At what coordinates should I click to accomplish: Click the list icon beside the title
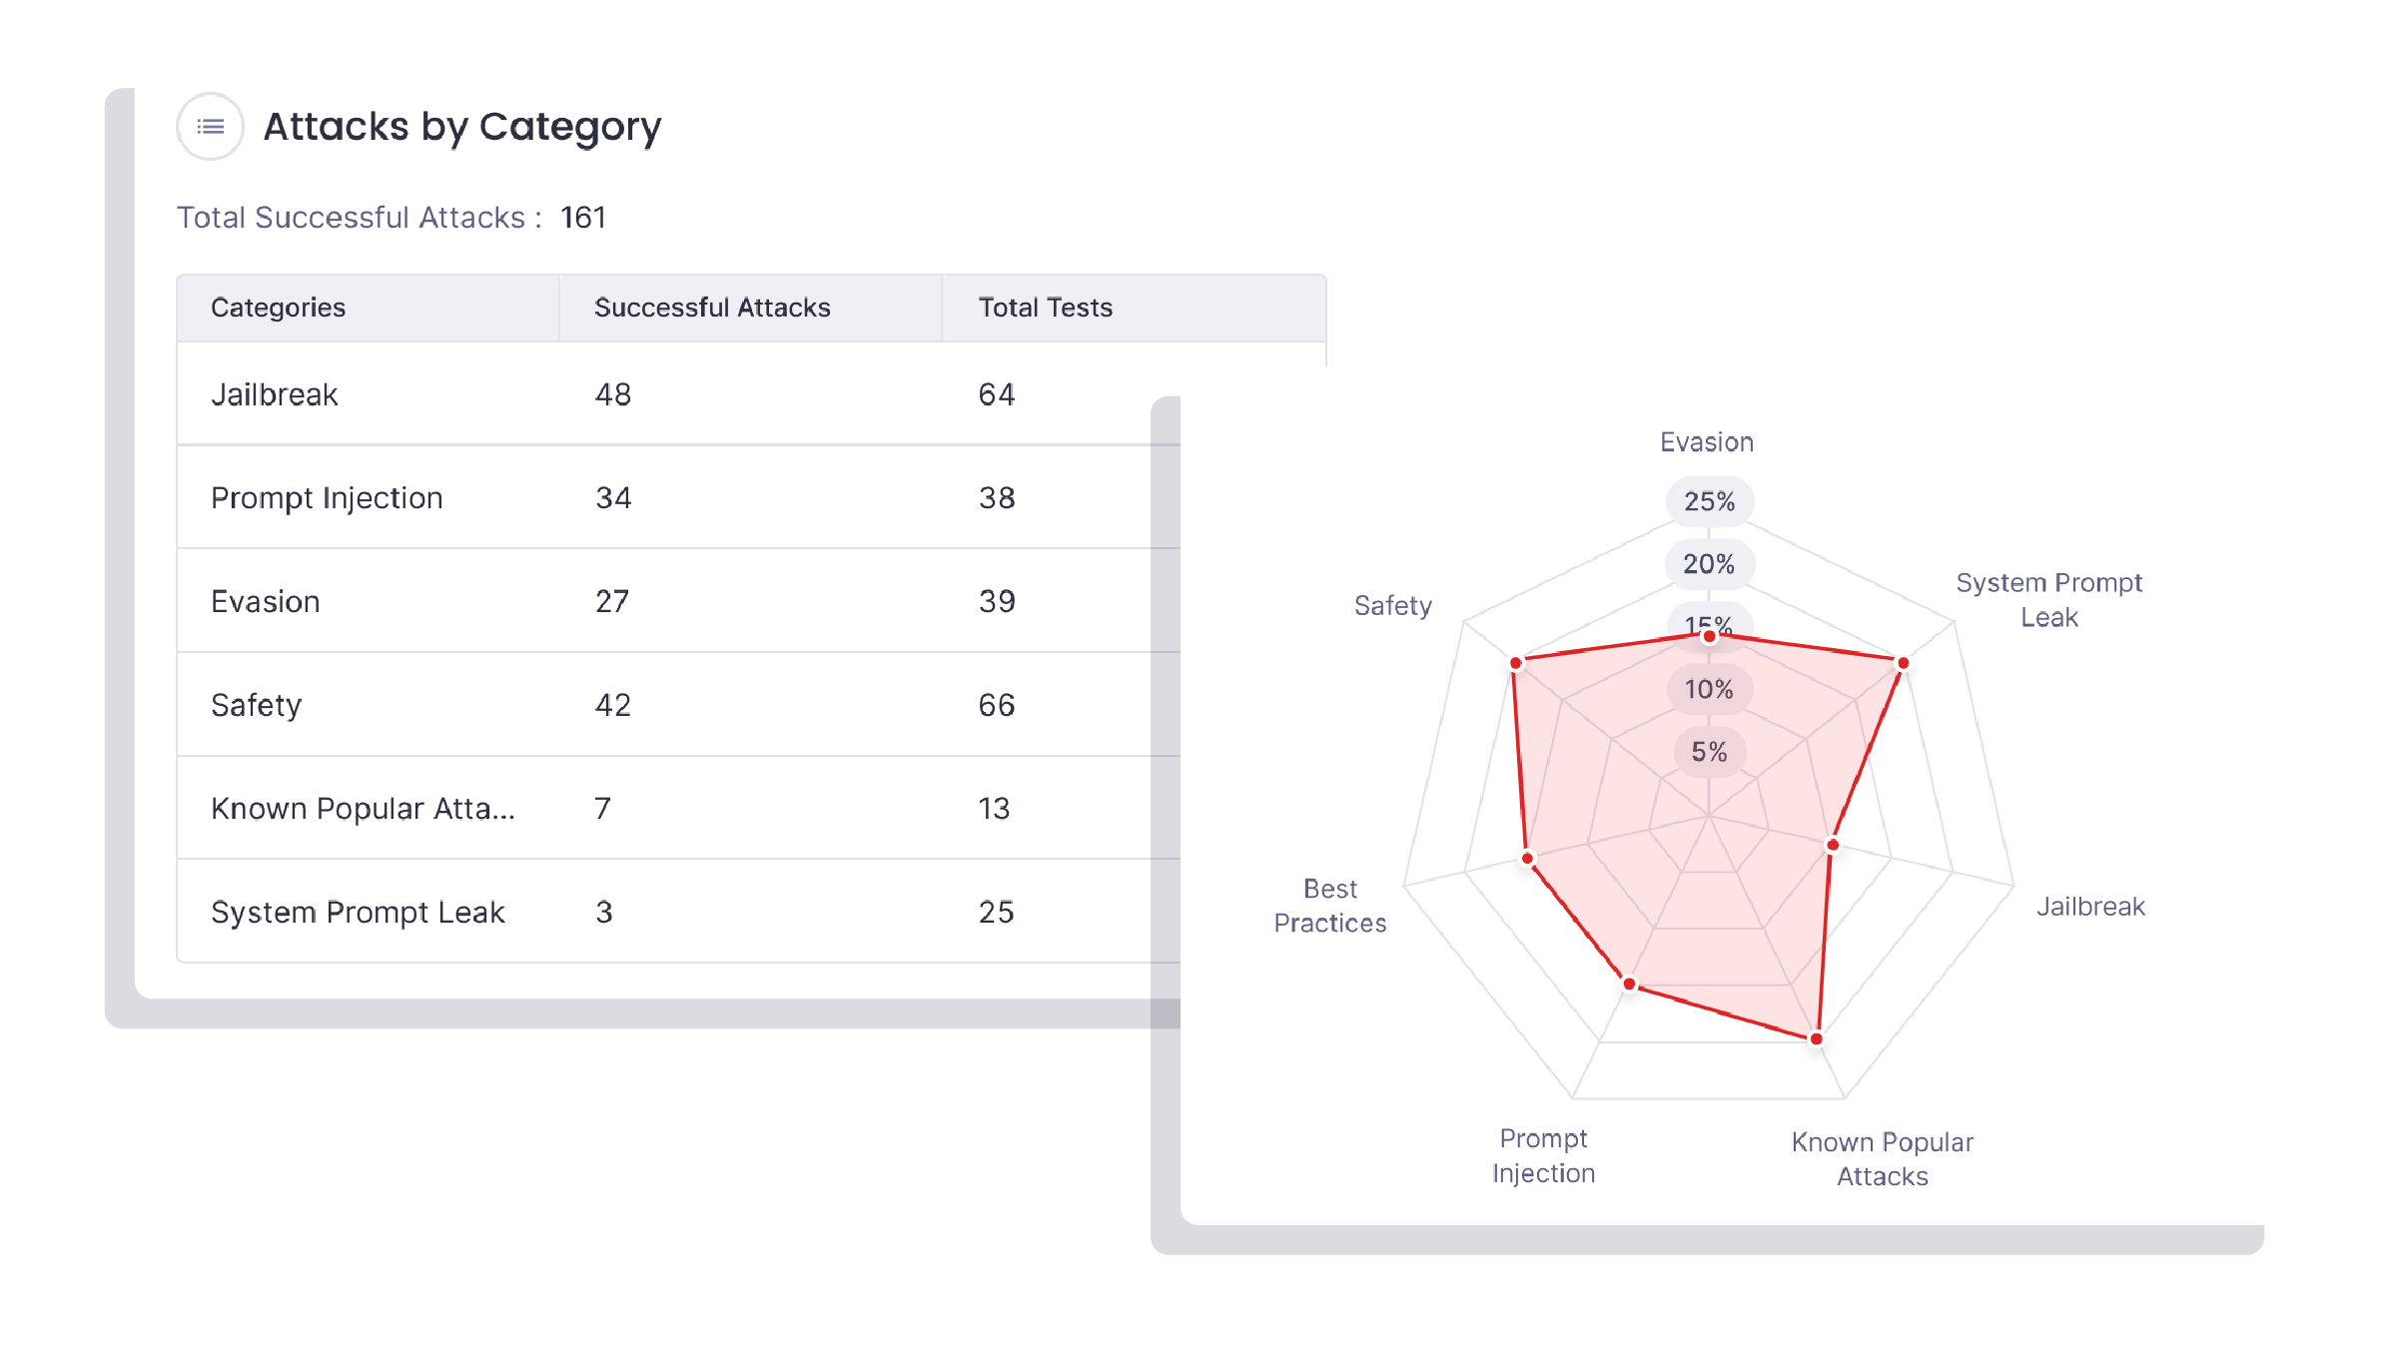(x=210, y=127)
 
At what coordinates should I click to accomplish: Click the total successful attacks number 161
(x=583, y=218)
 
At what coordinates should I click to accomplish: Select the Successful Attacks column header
(x=712, y=308)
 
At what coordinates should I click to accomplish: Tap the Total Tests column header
(x=1045, y=308)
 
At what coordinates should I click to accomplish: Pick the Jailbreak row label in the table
(x=275, y=395)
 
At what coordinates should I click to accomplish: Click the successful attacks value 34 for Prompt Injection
(x=613, y=498)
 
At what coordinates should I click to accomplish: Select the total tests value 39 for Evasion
(x=997, y=601)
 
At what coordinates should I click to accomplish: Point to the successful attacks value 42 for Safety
(x=613, y=705)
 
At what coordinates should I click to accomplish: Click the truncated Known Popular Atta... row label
(x=363, y=809)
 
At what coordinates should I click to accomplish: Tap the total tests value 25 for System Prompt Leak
(x=996, y=912)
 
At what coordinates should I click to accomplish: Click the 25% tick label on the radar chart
(x=1709, y=501)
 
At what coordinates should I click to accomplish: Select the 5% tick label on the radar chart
(x=1709, y=752)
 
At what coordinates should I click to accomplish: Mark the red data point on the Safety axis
(x=1516, y=663)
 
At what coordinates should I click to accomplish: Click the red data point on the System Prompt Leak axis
(x=1903, y=663)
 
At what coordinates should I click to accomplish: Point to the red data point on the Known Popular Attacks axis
(x=1817, y=1038)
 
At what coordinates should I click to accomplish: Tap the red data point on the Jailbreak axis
(x=1833, y=845)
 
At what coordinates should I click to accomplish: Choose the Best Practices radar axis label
(x=1330, y=906)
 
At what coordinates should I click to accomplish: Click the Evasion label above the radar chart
(x=1707, y=442)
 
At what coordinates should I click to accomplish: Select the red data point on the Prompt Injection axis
(x=1630, y=985)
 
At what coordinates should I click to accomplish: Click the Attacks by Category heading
(x=462, y=127)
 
